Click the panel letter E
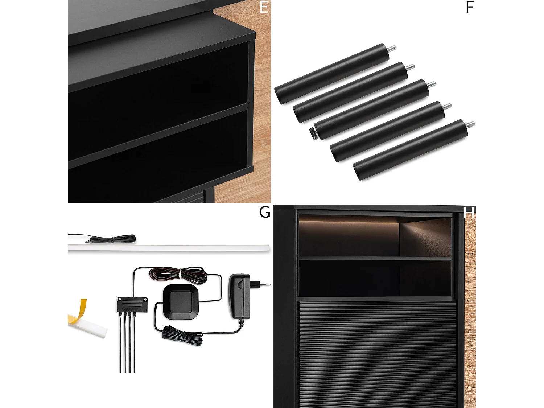(x=264, y=7)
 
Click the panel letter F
(x=470, y=7)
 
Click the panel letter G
(x=264, y=212)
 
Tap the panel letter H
(x=469, y=213)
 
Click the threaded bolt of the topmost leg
(x=392, y=49)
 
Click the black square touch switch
(x=181, y=302)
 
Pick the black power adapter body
(x=239, y=296)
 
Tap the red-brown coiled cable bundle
(x=178, y=275)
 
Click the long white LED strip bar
(x=169, y=248)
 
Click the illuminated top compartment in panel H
(x=374, y=236)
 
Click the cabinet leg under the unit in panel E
(x=210, y=194)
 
